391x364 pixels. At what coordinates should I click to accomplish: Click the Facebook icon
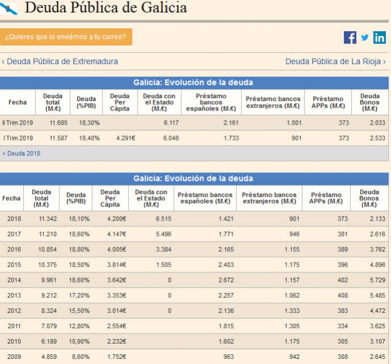[x=350, y=37]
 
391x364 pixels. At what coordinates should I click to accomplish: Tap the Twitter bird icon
[x=365, y=37]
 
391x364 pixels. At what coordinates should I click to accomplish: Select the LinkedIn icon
[x=380, y=37]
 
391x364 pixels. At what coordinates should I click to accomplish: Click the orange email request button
[x=66, y=37]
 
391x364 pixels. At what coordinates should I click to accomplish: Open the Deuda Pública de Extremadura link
[x=60, y=61]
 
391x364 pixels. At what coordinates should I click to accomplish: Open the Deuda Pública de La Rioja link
[x=335, y=61]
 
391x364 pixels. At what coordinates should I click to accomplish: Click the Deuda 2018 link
[x=22, y=153]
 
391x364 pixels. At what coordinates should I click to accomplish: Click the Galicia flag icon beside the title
[x=9, y=8]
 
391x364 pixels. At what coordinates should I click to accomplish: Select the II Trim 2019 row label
[x=18, y=122]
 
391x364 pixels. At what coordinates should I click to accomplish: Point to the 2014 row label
[x=14, y=280]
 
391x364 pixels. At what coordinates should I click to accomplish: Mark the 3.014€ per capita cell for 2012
[x=116, y=311]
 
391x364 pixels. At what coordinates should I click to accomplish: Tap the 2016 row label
[x=14, y=249]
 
